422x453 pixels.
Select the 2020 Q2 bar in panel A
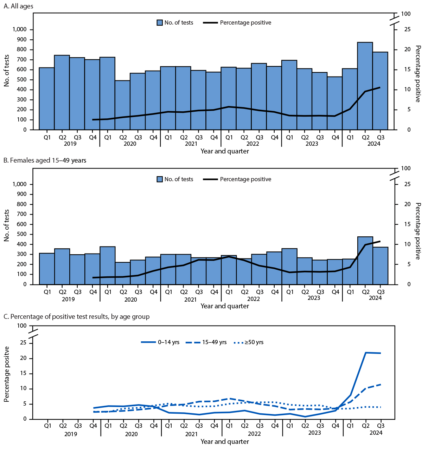123,105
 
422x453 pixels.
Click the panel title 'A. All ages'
18,6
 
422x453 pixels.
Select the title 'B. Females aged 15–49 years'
45,160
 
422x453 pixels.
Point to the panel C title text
76,317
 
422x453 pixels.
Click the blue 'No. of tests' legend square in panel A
160,23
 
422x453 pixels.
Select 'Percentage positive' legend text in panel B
245,179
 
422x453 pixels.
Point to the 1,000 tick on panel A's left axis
20,29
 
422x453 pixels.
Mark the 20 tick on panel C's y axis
24,359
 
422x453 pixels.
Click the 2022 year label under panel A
252,144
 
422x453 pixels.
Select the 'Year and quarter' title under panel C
225,442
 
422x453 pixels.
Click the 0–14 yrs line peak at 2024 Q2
366,353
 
